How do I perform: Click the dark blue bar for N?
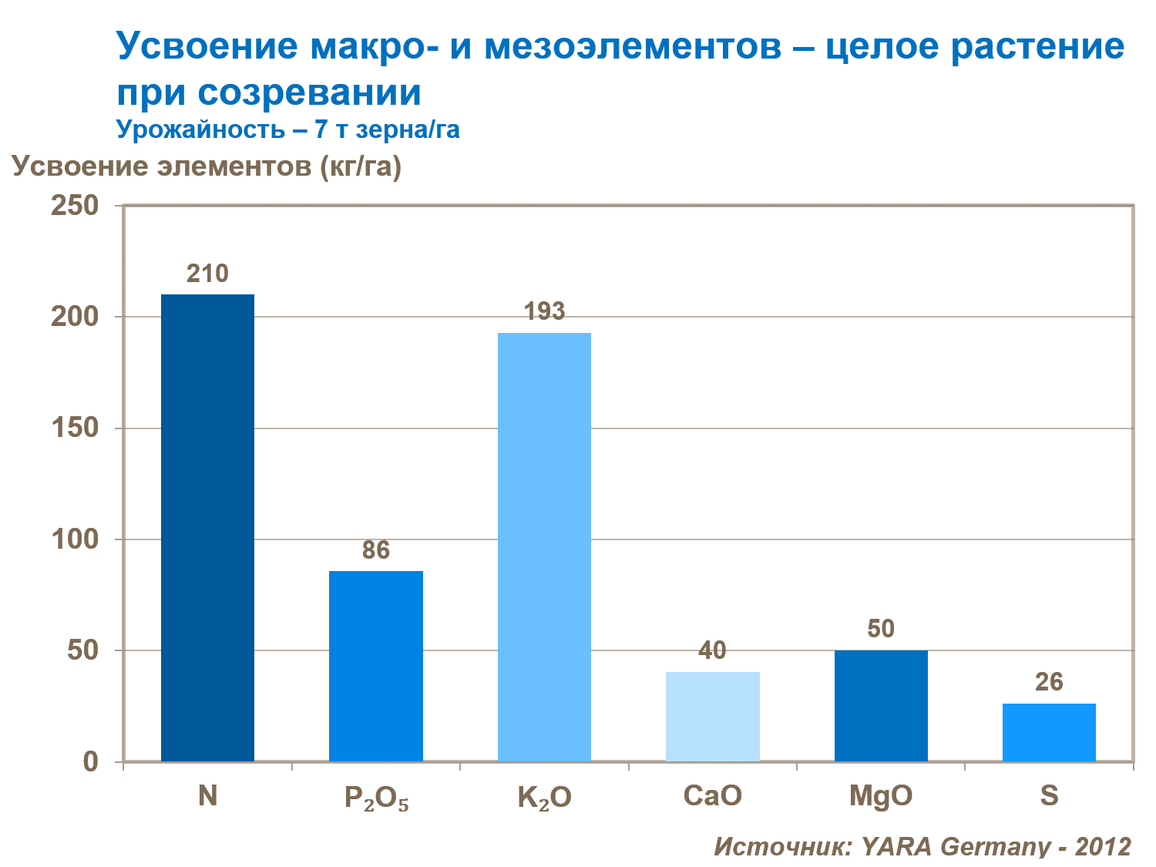pos(207,528)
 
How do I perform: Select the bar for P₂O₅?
pos(376,666)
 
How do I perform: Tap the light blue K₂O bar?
pos(544,547)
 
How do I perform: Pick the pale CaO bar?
pos(713,717)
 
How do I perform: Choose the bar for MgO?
pos(881,706)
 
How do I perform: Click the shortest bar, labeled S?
pos(1049,732)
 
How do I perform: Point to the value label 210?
pos(207,274)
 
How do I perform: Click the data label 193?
pos(544,311)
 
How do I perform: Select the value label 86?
pos(376,550)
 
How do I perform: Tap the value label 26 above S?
pos(1049,682)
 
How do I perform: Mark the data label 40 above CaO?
pos(713,650)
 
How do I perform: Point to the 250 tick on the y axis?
pos(75,206)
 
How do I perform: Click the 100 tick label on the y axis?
pos(75,539)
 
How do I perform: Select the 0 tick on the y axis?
pos(91,761)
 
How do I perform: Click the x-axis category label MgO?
pos(881,796)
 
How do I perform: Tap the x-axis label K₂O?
pos(544,798)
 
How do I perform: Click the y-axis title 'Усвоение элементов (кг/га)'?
pos(207,166)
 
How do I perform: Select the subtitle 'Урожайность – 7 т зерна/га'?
pos(287,129)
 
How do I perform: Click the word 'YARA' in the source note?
pos(896,845)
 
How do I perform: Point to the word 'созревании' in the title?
pos(310,92)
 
